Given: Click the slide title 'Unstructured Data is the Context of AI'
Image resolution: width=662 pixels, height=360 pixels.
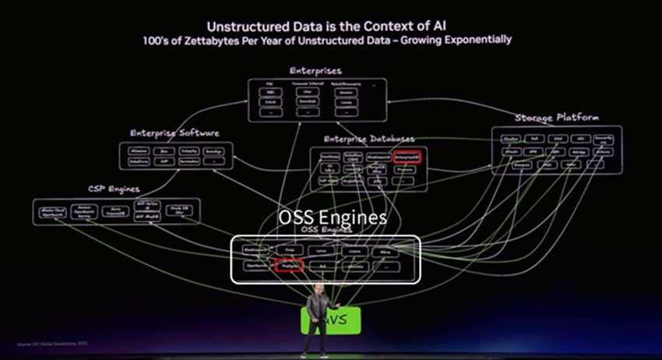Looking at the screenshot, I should (332, 24).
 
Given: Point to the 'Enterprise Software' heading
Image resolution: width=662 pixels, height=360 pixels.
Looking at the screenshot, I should (174, 133).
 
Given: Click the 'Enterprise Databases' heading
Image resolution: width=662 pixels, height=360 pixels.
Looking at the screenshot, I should (368, 139).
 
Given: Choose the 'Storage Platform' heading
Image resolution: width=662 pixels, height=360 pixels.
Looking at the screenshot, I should (556, 118).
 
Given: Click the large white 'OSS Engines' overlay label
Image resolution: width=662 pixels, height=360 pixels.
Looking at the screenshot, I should (333, 217).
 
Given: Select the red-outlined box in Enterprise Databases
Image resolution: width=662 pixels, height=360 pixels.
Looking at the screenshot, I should (407, 156).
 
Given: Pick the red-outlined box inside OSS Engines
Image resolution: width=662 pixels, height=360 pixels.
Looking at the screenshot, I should (287, 266).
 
